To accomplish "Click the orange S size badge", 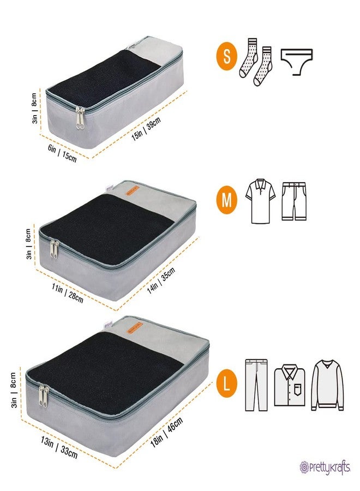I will (226, 57).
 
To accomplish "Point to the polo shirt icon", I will (260, 200).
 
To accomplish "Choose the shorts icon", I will (295, 200).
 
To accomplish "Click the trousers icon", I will (256, 385).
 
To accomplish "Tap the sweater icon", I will (327, 385).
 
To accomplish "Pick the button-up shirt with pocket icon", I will (290, 385).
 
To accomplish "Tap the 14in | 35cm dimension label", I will (161, 283).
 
